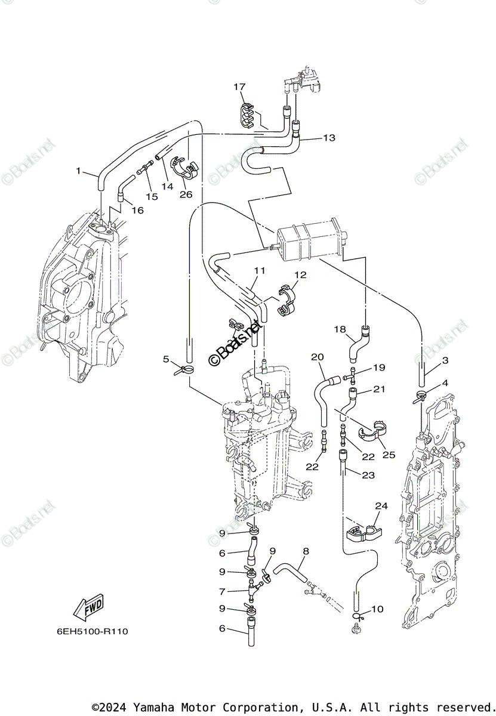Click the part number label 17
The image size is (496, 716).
tap(239, 87)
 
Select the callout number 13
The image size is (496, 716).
tap(329, 138)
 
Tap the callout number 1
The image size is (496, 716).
tap(78, 171)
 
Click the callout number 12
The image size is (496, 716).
tap(300, 275)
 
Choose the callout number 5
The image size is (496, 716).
tap(167, 359)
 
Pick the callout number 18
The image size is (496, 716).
tap(340, 329)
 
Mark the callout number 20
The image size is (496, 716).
tap(318, 357)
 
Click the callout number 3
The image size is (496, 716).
tap(445, 360)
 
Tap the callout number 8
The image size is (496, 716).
tap(306, 552)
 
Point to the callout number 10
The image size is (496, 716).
tap(377, 609)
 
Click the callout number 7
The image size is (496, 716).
tap(223, 592)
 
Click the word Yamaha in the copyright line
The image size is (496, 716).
tap(153, 707)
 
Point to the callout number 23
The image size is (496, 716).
tap(368, 475)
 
